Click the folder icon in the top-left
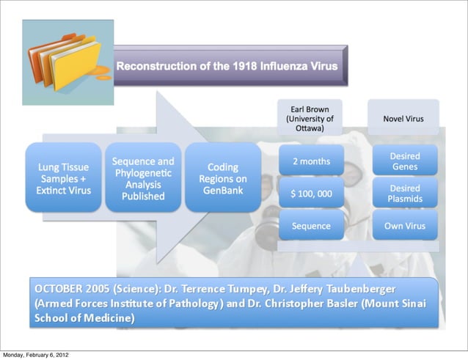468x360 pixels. [x=67, y=62]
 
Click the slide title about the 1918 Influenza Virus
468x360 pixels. [x=227, y=66]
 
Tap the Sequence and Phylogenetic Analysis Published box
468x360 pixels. [x=143, y=178]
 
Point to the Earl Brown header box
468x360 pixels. [x=310, y=118]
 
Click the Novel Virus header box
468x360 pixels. [x=403, y=118]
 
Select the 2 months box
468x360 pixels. [x=311, y=161]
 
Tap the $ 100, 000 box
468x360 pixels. [x=311, y=194]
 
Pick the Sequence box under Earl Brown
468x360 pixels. [x=311, y=226]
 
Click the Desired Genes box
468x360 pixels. [x=405, y=161]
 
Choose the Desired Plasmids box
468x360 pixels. [x=405, y=194]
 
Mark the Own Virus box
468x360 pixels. [x=405, y=226]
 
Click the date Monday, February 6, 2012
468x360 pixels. [x=37, y=355]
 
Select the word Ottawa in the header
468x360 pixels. [x=310, y=127]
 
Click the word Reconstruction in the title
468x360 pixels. [x=151, y=66]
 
